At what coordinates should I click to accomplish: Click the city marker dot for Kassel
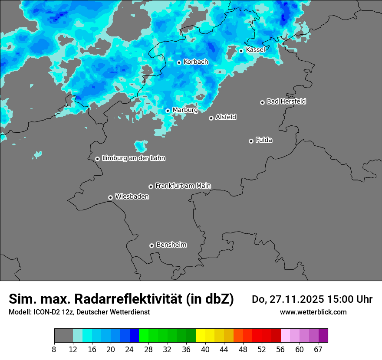(x=241, y=51)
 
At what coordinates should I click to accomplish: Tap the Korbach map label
(x=196, y=62)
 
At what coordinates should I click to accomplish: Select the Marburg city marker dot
(x=168, y=111)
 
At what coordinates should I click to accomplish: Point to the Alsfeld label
(x=226, y=117)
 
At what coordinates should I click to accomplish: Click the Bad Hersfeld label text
(x=286, y=101)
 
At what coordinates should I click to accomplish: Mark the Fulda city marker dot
(x=251, y=141)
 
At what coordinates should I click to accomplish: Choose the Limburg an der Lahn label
(x=133, y=158)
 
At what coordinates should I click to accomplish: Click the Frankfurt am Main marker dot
(x=151, y=187)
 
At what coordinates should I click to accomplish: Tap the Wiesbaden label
(x=132, y=197)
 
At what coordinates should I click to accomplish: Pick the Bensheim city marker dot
(x=151, y=245)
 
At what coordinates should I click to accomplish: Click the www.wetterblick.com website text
(x=313, y=312)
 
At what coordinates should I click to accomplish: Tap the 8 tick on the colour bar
(x=54, y=350)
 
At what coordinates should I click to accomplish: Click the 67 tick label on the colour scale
(x=318, y=350)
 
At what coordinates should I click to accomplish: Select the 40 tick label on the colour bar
(x=205, y=350)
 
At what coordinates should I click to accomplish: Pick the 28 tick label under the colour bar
(x=148, y=350)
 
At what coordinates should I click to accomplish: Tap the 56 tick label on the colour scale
(x=280, y=350)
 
